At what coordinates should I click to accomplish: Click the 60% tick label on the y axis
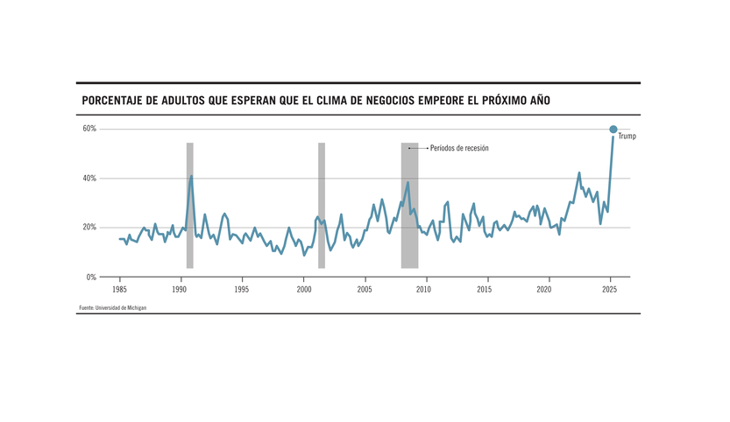point(89,130)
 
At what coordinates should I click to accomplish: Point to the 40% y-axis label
point(89,179)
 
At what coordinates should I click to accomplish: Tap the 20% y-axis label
point(89,228)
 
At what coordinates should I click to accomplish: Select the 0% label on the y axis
point(91,277)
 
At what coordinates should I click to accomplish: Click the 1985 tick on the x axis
point(118,288)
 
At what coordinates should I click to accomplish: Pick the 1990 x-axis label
point(180,288)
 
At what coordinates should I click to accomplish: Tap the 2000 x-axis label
point(303,288)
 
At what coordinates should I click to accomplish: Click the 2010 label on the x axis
point(424,288)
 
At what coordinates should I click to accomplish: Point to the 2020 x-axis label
point(546,288)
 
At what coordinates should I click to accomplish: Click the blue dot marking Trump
point(613,130)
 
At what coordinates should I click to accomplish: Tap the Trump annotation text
point(627,137)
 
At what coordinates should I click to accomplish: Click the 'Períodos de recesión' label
point(459,149)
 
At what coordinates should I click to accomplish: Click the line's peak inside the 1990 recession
point(191,176)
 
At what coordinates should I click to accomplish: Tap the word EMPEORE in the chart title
point(438,101)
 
